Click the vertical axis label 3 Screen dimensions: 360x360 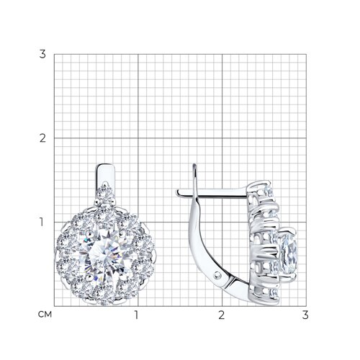pos(42,54)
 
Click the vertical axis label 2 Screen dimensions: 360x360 pos(42,138)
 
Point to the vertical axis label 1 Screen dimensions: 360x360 pos(42,222)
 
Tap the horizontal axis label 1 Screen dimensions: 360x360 pos(136,315)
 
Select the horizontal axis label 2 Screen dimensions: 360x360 pos(222,315)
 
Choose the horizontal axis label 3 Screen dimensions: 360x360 pos(305,315)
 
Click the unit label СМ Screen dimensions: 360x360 pos(45,315)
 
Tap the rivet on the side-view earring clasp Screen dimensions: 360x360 pos(217,274)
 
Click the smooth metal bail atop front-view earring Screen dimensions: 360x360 pos(105,175)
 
